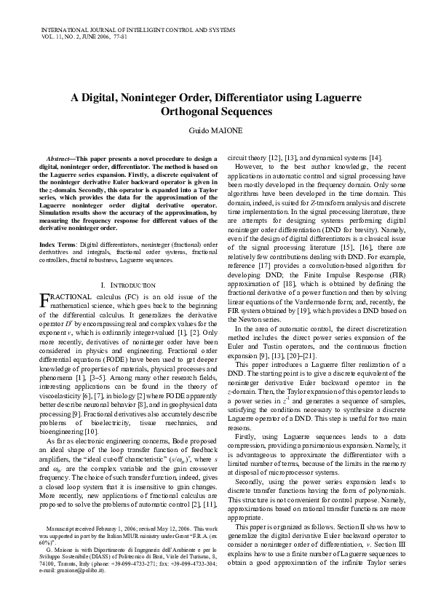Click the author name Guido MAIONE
pos(216,130)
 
